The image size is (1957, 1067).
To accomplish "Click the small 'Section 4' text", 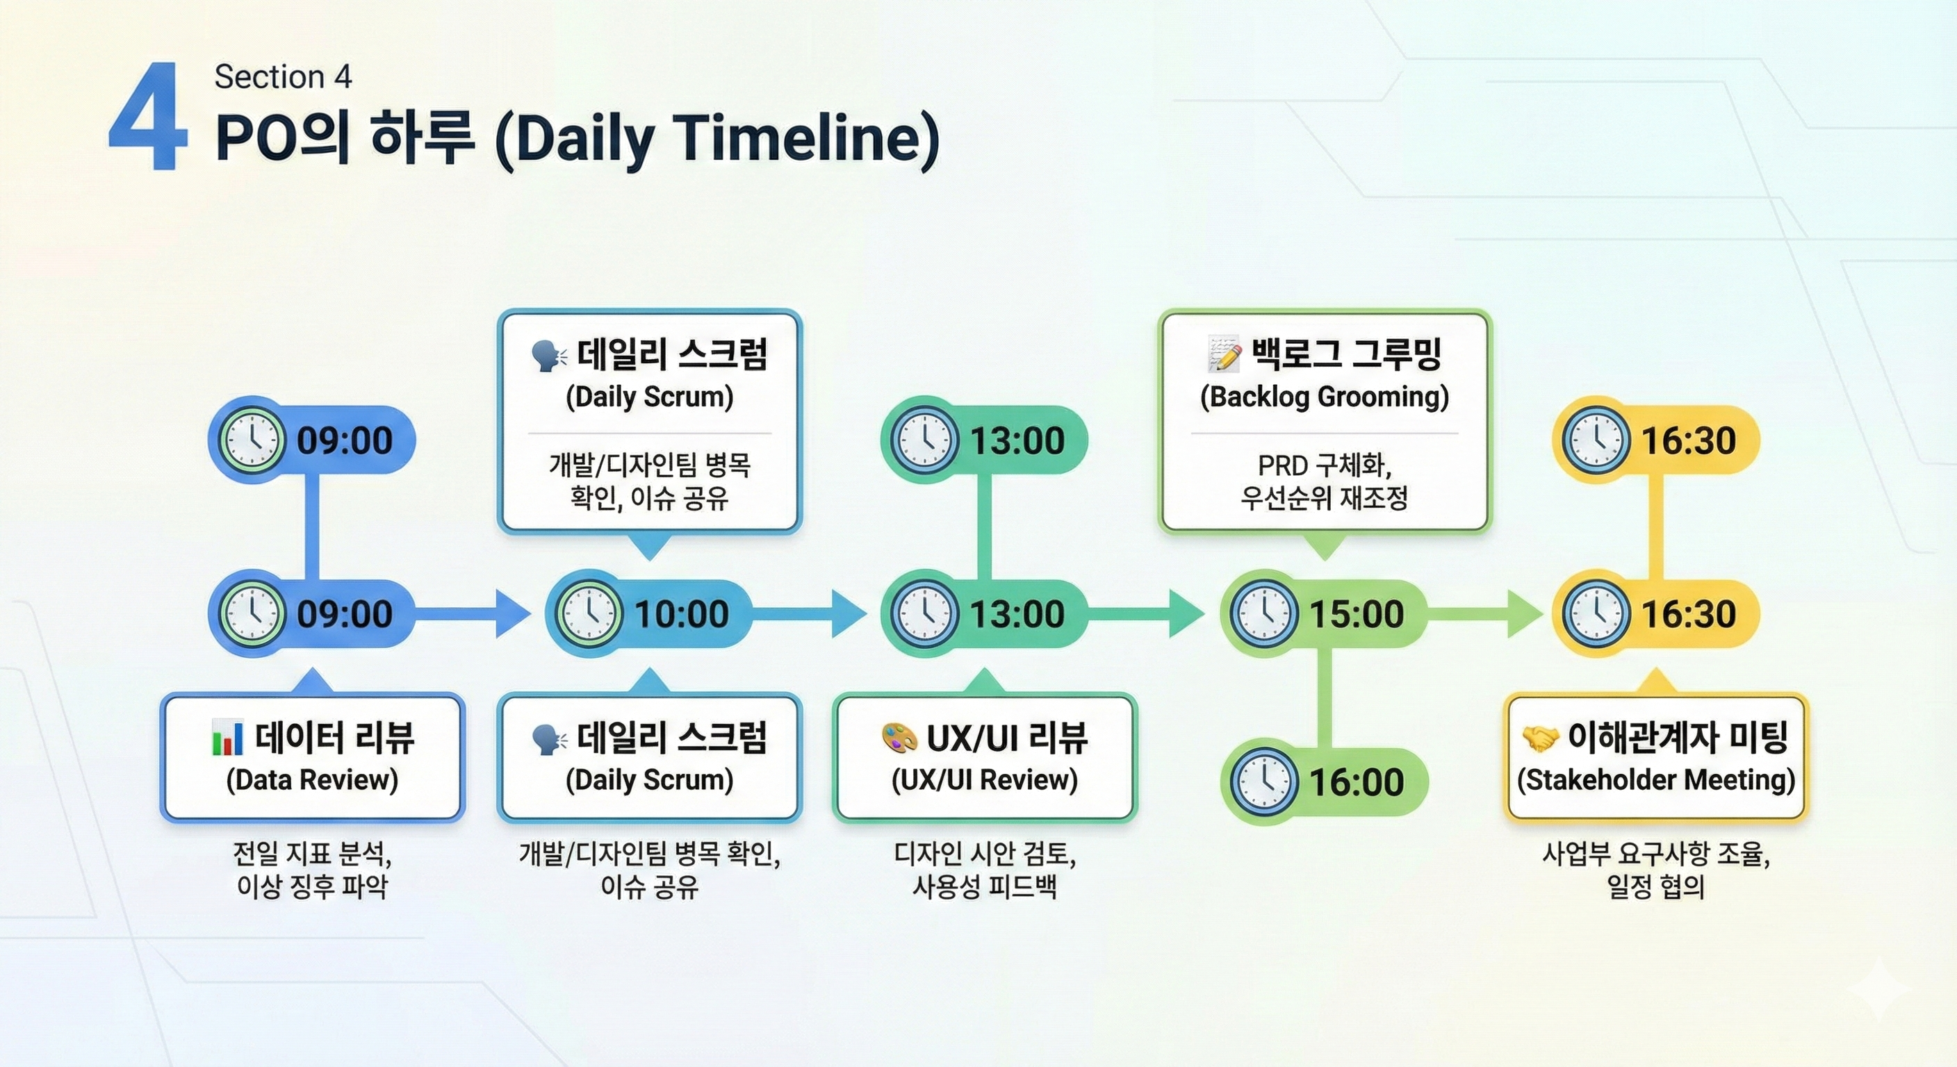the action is point(284,76).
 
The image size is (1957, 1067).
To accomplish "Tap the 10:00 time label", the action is point(682,613).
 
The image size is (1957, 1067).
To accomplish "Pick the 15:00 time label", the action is point(1356,613).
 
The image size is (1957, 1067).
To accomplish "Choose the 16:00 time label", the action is point(1356,782).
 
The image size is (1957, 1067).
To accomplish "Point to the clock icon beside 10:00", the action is point(589,613).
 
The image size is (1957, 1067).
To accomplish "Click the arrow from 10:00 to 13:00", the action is point(809,613).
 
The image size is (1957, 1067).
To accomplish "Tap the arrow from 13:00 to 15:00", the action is point(1145,613).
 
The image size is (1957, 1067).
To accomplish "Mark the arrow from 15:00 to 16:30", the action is point(1485,613).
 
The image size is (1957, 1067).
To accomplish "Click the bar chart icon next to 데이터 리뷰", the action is point(228,738).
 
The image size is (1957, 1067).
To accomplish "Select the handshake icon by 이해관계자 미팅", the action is point(1541,738).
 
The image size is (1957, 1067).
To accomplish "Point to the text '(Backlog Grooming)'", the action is point(1324,397).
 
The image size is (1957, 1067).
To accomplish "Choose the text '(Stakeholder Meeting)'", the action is point(1656,780).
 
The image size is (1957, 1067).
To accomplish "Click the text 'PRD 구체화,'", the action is point(1324,465).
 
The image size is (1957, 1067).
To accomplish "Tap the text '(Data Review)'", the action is point(312,780).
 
